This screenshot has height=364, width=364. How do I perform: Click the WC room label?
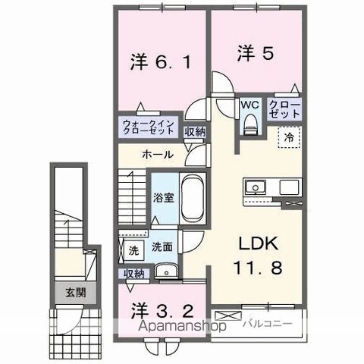click(x=250, y=105)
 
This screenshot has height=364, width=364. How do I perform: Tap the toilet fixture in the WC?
click(x=250, y=124)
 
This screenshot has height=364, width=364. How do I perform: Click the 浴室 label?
click(x=164, y=198)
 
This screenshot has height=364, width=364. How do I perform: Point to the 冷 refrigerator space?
click(x=290, y=136)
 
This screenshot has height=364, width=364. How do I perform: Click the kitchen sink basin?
click(x=255, y=187)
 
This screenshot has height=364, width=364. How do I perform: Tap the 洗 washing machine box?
click(x=133, y=251)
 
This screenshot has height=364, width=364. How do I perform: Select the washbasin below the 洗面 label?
click(x=166, y=271)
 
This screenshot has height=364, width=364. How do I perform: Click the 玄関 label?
click(x=76, y=293)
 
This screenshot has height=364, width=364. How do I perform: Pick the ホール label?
click(x=158, y=154)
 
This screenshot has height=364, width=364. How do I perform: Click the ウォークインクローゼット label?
click(x=149, y=127)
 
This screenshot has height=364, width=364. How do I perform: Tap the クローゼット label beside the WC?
click(x=284, y=109)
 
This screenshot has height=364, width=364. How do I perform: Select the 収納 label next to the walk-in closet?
click(x=195, y=132)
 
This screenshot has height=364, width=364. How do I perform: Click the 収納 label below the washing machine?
click(x=134, y=274)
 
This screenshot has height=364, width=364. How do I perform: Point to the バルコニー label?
click(x=268, y=324)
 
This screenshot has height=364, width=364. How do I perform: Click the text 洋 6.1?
click(x=160, y=62)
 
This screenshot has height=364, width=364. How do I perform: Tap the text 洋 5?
click(x=256, y=52)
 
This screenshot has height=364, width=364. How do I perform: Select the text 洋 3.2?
click(x=162, y=312)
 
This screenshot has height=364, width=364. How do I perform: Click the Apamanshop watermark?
click(x=183, y=326)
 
